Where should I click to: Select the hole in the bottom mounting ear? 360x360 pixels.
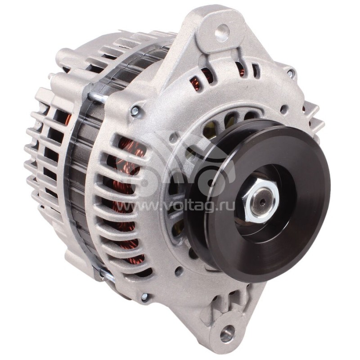227,333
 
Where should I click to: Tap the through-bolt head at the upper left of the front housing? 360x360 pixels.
134,109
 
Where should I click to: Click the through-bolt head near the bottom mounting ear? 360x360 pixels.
144,297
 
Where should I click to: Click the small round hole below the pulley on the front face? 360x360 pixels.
179,271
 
